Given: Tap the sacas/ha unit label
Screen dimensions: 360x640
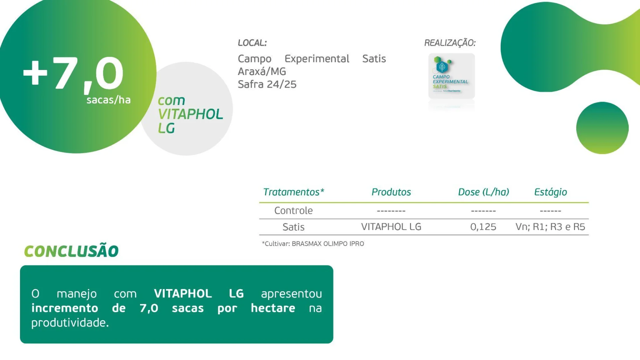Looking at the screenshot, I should pos(108,100).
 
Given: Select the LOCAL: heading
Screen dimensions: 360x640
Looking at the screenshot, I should pos(252,43).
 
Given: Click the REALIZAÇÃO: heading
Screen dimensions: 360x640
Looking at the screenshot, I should pos(450,43).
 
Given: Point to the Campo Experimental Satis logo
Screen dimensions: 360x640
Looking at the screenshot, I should pos(451,76).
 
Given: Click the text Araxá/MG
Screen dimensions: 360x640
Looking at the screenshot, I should pos(262,71).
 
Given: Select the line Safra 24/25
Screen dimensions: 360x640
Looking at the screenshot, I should pos(267,84).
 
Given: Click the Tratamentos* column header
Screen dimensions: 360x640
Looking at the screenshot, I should pos(293,192).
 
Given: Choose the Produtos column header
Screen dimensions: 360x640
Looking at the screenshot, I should pos(391,192).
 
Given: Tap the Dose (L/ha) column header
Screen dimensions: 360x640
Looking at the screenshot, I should pos(483,192).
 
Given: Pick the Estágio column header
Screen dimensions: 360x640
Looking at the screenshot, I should pos(550,192).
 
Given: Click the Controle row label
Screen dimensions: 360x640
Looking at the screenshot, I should pos(293,211).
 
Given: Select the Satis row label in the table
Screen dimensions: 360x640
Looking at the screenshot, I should pos(293,227).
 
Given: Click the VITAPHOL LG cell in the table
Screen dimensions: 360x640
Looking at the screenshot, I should pos(391,227).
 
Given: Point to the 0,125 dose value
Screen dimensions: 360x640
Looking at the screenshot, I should pos(483,227).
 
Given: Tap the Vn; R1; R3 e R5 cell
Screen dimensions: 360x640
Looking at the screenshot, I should pos(550,227).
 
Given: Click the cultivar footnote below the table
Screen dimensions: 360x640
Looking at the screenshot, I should pos(313,244).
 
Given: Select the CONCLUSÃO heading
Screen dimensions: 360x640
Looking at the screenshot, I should pos(71,251).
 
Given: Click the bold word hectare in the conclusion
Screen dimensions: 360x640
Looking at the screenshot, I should pos(273,308).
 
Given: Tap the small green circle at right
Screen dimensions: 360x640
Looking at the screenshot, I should pos(602,128).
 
